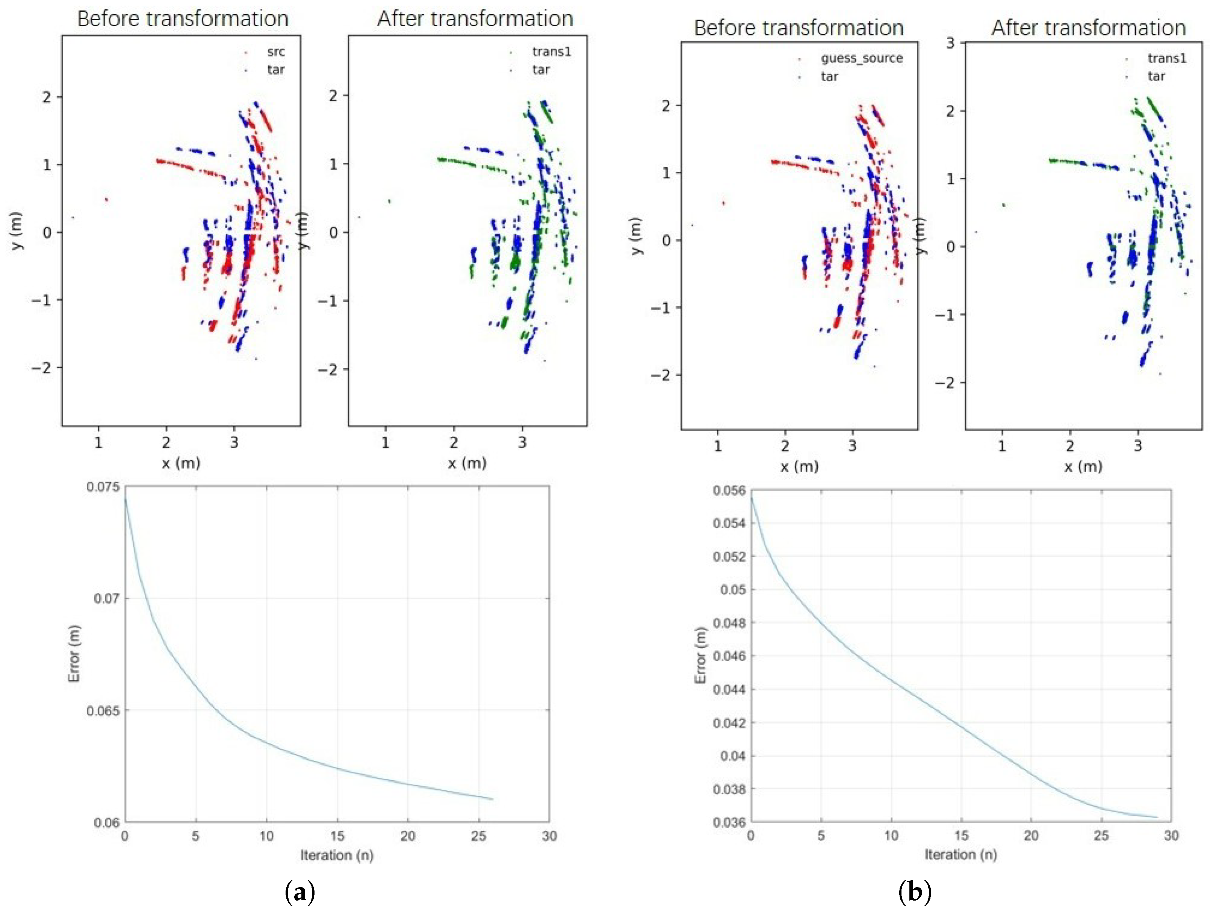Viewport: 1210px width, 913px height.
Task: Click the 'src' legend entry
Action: coord(276,52)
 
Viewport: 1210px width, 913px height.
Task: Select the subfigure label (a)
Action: coord(300,893)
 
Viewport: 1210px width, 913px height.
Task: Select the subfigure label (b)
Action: coord(915,893)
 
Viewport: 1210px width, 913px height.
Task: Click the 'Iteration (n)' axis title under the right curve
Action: coord(960,854)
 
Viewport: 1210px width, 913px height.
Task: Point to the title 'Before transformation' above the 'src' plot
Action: coord(183,18)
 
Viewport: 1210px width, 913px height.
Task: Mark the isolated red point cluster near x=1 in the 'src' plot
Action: coord(106,200)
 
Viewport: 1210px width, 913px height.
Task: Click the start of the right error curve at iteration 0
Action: coord(751,497)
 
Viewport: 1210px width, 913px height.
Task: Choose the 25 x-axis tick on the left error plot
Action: coord(479,836)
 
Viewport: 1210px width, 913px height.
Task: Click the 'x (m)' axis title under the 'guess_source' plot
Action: coord(799,466)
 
